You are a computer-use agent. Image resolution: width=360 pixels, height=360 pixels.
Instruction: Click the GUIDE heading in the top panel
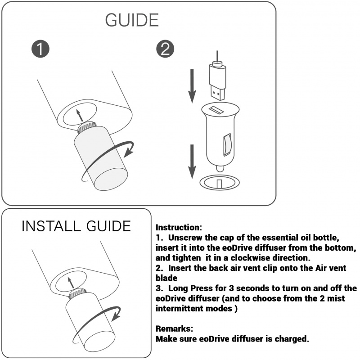[132, 20]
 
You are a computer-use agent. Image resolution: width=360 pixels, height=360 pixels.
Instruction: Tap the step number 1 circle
[40, 49]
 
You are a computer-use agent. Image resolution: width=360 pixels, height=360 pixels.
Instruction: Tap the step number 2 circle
[165, 49]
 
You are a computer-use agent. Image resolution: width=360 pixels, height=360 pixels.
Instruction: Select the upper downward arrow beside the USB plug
[192, 86]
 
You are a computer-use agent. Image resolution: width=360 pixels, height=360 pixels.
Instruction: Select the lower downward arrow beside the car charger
[192, 162]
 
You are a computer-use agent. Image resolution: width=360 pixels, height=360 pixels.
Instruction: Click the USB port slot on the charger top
[216, 109]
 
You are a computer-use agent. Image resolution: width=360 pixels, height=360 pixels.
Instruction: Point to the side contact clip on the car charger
[227, 144]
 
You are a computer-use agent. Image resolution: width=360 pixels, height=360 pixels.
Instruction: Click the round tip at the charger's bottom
[220, 169]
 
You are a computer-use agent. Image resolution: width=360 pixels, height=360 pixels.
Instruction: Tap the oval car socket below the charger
[220, 183]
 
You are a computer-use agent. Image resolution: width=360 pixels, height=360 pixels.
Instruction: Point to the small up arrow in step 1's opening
[80, 115]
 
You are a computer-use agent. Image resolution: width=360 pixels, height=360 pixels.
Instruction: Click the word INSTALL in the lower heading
[51, 226]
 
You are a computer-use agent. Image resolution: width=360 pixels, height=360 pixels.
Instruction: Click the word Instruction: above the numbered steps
[179, 227]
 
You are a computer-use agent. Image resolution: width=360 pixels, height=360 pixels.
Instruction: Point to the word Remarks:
[174, 328]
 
